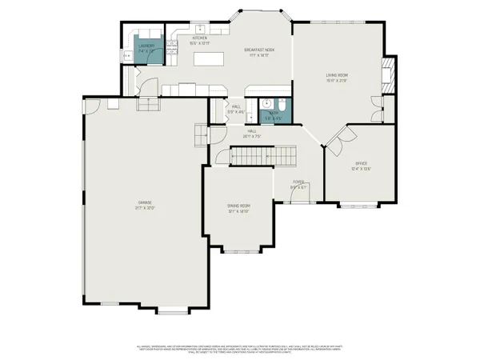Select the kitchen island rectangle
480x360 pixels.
[208, 59]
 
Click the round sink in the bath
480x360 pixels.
[266, 102]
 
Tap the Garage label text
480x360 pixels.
[144, 205]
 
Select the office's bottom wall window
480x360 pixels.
[358, 207]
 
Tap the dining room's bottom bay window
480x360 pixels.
[238, 253]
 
